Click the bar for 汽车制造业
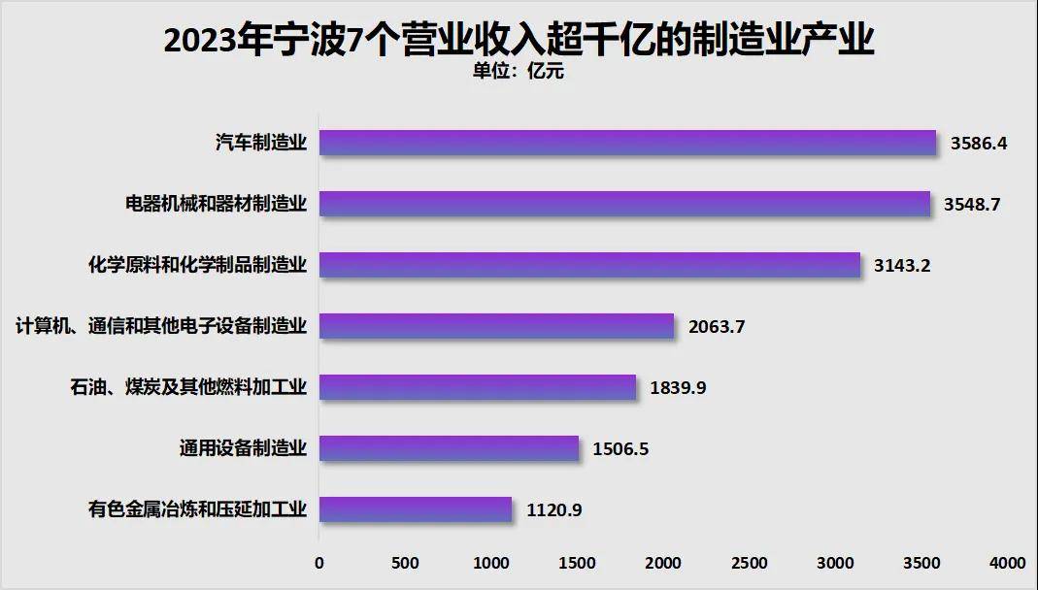pos(627,143)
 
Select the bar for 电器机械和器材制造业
pos(624,204)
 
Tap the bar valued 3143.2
pos(589,265)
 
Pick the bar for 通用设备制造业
pos(449,447)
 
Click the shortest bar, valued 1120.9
pos(416,508)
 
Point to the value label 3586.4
pos(979,143)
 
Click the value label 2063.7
pos(717,326)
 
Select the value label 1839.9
pos(678,387)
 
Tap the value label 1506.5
pos(620,447)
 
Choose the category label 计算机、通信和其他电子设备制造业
pos(161,326)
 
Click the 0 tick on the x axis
pos(319,563)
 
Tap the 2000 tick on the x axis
pos(664,563)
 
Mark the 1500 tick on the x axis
pos(578,563)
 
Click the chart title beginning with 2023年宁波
pos(519,41)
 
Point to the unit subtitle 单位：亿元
pos(518,71)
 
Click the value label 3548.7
pos(973,204)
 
